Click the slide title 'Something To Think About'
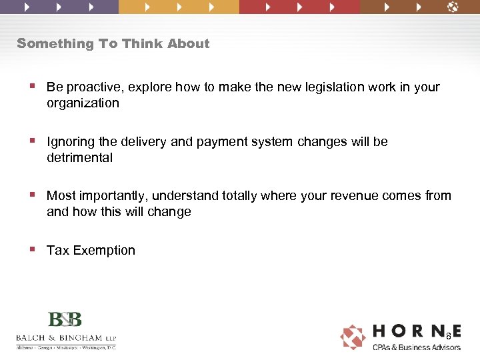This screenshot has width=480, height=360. (x=113, y=44)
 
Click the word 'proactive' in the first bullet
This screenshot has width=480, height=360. (x=93, y=87)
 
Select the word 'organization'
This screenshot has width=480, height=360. (x=83, y=103)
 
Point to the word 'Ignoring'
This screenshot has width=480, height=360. (x=70, y=142)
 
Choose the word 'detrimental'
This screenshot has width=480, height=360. (x=79, y=158)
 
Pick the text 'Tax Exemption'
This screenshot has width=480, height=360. (x=91, y=251)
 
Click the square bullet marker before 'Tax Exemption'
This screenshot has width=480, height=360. (x=33, y=249)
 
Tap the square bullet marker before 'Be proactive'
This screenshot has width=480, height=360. (x=33, y=86)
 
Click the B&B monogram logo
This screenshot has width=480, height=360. (x=65, y=319)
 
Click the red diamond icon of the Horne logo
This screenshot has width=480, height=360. (x=353, y=337)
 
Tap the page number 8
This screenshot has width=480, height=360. (x=449, y=335)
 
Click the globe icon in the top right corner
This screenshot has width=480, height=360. (x=453, y=7)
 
